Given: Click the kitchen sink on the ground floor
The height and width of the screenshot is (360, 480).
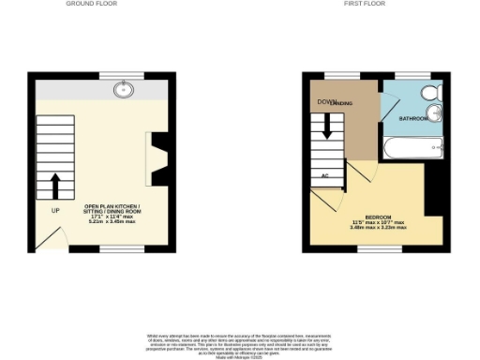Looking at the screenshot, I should (124, 90).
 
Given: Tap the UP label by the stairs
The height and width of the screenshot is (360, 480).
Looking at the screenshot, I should (55, 211).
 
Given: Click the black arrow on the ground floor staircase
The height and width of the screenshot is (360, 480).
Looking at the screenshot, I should (55, 185).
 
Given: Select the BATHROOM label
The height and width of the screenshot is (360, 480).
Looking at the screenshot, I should (413, 119).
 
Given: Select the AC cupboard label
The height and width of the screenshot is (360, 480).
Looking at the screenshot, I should (324, 175).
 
